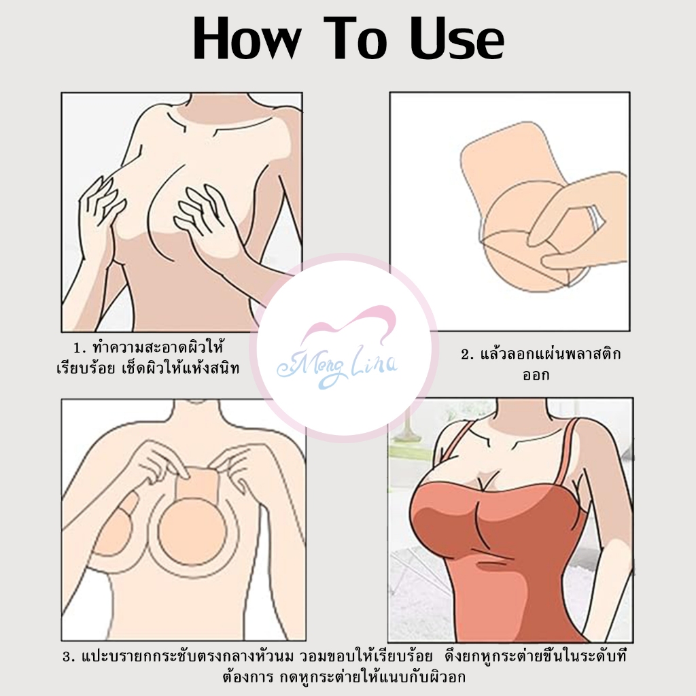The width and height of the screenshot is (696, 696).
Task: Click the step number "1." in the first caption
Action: (x=80, y=348)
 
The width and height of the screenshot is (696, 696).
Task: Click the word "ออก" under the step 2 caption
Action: (x=536, y=375)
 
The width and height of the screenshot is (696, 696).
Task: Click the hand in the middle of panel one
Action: (x=202, y=211)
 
